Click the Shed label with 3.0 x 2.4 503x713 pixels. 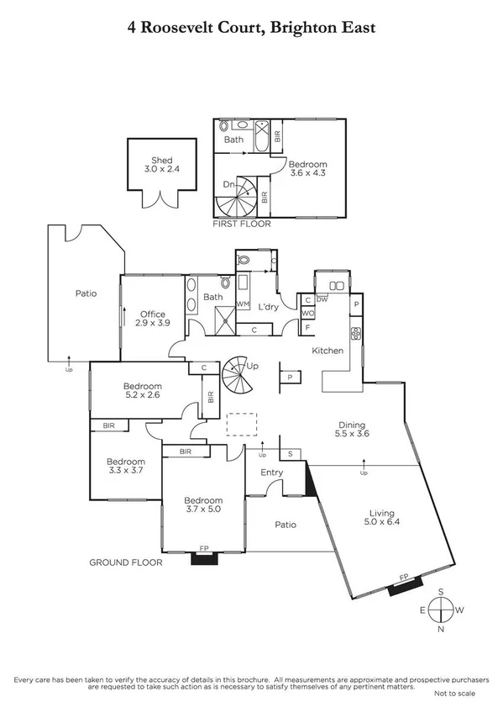(x=161, y=165)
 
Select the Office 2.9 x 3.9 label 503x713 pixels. (x=151, y=319)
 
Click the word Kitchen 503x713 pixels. (x=328, y=350)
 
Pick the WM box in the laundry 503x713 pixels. (x=243, y=304)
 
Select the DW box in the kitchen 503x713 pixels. (x=322, y=298)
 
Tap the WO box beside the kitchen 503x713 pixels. (x=308, y=313)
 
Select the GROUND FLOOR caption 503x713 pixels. (x=126, y=562)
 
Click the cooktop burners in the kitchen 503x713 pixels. (x=356, y=332)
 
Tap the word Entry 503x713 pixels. (x=271, y=473)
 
